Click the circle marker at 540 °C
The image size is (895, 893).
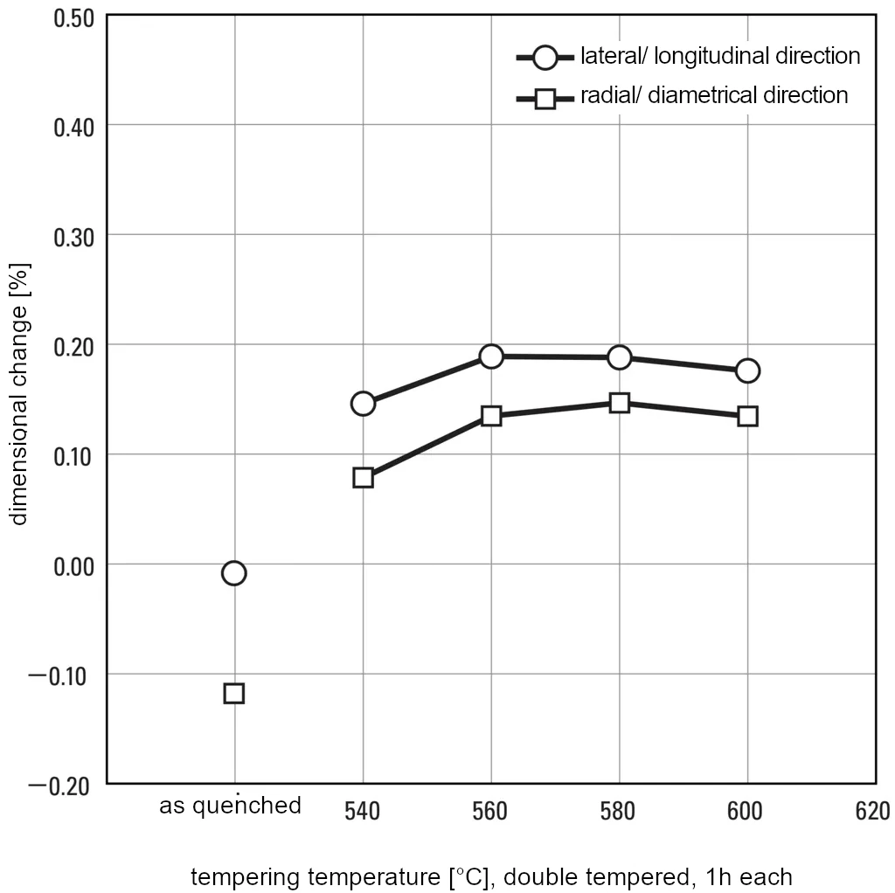(x=363, y=403)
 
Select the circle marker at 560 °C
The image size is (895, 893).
(x=491, y=357)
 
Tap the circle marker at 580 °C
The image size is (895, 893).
(x=619, y=357)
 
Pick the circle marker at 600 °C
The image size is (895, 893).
(x=747, y=370)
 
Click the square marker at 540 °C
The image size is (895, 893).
(x=363, y=477)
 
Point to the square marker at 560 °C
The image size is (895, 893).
(x=491, y=416)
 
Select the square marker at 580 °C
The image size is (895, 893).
(x=619, y=403)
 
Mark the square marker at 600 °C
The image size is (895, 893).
(x=747, y=416)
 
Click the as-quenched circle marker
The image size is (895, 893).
(x=234, y=573)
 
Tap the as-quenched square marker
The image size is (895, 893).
(x=234, y=694)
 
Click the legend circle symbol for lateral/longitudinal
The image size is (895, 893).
(x=545, y=58)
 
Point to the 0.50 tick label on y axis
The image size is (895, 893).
(x=73, y=17)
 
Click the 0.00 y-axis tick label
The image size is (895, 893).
(x=73, y=566)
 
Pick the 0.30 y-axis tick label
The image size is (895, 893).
(x=73, y=237)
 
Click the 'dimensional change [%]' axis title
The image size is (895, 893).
(x=19, y=392)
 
